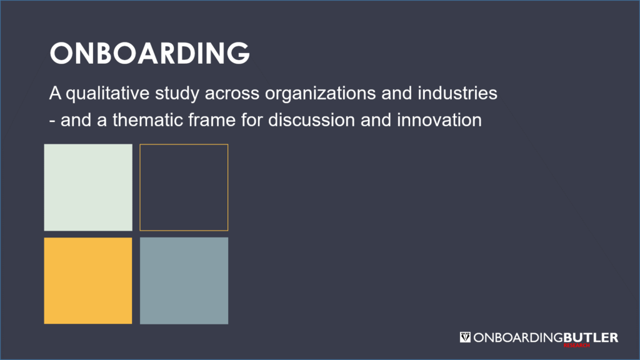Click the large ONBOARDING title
[x=150, y=53]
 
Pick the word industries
[x=457, y=94]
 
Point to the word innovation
[x=439, y=120]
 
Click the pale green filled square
[x=88, y=187]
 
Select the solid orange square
[x=88, y=281]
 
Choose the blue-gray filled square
[x=184, y=281]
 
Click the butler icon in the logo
[x=465, y=337]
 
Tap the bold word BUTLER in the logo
[x=591, y=337]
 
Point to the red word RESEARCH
[x=576, y=345]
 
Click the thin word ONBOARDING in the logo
[x=518, y=337]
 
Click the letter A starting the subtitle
[x=55, y=94]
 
